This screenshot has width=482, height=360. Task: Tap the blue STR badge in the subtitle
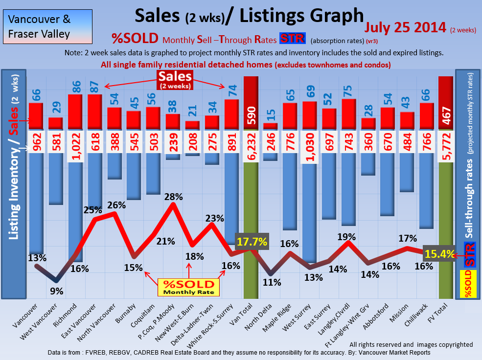point(293,39)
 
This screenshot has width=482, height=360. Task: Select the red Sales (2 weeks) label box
point(175,80)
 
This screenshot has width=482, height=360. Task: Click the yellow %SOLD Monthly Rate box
point(189,287)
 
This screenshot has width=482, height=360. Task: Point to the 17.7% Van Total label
point(252,242)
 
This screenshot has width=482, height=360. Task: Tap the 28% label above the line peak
point(174,197)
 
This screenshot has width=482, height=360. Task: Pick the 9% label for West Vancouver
point(57,291)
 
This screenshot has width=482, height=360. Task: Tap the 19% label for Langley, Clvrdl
point(346,237)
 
